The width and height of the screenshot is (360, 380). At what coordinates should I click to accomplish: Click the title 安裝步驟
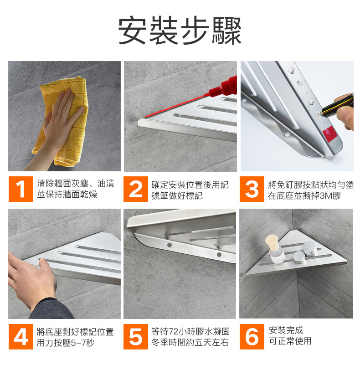pos(180,30)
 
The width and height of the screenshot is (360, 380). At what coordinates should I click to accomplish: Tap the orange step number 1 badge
pos(21,189)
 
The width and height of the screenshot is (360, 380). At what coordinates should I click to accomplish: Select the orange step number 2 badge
pos(135,189)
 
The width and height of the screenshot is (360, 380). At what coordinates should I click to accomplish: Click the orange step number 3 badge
pos(252,189)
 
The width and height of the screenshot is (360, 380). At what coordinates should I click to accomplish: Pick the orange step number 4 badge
pos(21,337)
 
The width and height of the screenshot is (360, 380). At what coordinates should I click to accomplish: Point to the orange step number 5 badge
pos(135,337)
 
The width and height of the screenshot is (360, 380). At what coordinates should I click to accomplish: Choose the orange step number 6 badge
pos(252,337)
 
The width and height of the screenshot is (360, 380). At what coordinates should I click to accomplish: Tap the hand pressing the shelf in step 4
pos(31,281)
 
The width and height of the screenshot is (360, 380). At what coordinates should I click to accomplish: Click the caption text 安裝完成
pos(286,330)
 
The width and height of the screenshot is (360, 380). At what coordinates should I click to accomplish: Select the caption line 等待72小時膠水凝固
pos(190,331)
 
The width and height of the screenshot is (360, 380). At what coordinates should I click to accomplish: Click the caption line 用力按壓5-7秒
pos(65,343)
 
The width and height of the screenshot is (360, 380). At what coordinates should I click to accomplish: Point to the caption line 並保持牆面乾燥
pos(67,195)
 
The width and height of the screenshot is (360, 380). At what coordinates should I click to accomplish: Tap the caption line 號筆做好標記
pos(177,195)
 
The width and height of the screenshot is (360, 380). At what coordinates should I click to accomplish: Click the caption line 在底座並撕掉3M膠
pos(304,195)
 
